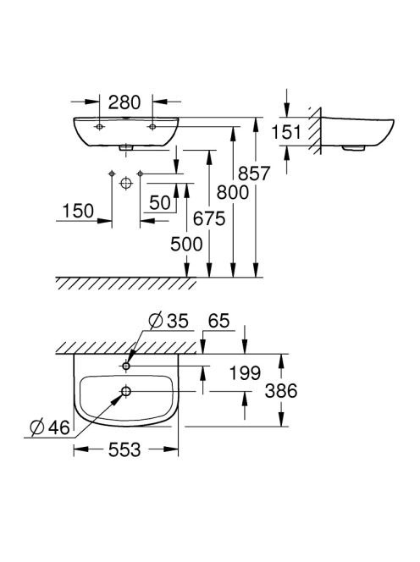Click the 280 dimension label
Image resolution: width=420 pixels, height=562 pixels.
coord(124,102)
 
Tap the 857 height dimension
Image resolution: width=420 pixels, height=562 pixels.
coord(254,174)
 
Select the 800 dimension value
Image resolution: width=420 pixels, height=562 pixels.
coord(233,193)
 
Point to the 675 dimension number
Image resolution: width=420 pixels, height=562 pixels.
coord(209,218)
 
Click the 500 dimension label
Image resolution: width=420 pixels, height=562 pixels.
coord(186,245)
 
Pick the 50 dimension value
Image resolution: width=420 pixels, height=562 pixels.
coord(160,203)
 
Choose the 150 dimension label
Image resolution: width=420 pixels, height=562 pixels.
coord(78,211)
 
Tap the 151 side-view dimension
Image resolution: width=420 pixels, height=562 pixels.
coord(286,132)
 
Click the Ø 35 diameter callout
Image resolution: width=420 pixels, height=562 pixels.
coord(169,320)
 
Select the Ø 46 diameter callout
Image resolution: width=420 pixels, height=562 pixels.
coord(50,427)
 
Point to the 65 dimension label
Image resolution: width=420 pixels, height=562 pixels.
coord(218,321)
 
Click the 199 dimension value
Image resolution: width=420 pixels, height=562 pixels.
coord(245,373)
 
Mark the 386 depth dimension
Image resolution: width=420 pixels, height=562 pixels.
coord(281,391)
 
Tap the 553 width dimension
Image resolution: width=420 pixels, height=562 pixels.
coord(124,449)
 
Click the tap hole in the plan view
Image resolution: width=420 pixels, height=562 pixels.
coord(126,366)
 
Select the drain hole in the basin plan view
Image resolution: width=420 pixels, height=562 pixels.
coord(126,391)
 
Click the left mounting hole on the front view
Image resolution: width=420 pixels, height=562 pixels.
coord(99,126)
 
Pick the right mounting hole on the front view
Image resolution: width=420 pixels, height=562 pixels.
coord(152,126)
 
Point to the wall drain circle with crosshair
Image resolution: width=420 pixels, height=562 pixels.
coord(126,184)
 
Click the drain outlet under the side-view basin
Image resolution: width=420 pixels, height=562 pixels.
coord(354,147)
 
